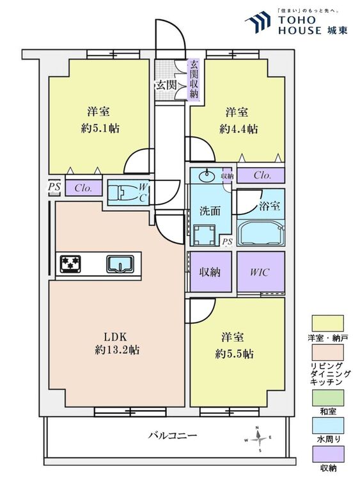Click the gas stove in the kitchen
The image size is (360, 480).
[x=70, y=264]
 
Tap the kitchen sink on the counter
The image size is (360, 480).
[x=120, y=264]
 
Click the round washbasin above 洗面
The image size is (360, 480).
[x=207, y=176]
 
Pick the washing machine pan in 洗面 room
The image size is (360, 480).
[x=204, y=236]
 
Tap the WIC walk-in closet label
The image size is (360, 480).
[x=260, y=272]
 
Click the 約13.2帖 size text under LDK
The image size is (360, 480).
[x=117, y=349]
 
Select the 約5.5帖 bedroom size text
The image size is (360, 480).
[x=234, y=354]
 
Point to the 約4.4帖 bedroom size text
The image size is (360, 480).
[x=239, y=129]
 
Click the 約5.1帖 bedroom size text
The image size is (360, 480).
[x=100, y=128]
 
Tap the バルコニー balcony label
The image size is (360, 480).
[x=173, y=435]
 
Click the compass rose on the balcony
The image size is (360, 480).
[x=259, y=439]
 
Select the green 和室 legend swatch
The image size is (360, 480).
[x=327, y=397]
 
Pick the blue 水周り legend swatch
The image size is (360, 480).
[x=327, y=425]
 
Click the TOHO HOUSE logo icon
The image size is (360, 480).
[x=258, y=22]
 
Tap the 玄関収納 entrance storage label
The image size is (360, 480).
[x=194, y=79]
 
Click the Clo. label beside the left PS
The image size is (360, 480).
[x=84, y=188]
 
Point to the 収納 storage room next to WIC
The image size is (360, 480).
[x=210, y=271]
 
